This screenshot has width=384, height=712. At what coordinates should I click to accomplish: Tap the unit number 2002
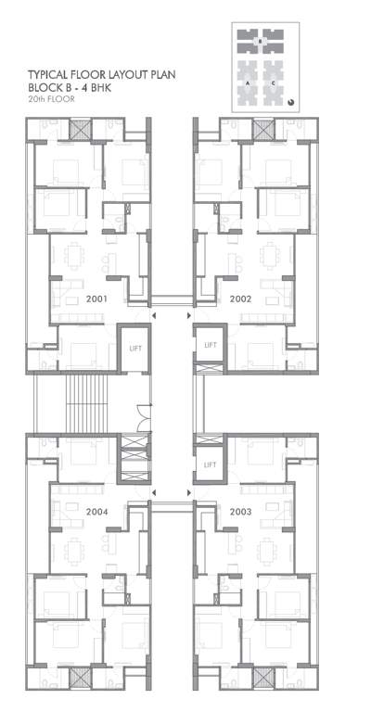tap(241, 299)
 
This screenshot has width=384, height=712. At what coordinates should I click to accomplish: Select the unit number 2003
tap(241, 511)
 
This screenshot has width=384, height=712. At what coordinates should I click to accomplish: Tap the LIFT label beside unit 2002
tap(210, 345)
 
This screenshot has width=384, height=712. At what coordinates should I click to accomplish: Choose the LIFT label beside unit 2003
tap(210, 464)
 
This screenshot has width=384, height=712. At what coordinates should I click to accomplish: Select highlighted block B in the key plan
tap(262, 41)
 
